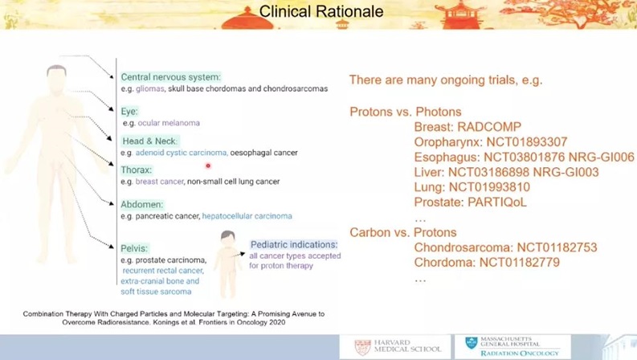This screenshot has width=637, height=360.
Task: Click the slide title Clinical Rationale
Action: coord(321,11)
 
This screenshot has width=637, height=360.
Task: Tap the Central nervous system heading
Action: coord(170,77)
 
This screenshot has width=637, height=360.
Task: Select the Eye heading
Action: coord(129,112)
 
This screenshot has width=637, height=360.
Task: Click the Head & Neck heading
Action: coord(149,141)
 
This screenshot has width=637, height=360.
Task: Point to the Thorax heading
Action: coord(136,170)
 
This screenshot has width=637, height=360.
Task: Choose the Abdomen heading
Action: coord(142,204)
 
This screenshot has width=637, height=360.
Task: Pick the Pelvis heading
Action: coord(134,248)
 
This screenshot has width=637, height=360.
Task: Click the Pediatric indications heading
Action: coord(294,244)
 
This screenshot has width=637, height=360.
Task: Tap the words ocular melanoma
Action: coord(169,123)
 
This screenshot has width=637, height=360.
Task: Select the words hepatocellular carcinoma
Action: coord(247,215)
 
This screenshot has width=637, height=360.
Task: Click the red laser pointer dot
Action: coord(208,166)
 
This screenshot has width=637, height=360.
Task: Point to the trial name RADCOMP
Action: coord(489,127)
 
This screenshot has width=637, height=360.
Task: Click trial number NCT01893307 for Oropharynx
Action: coord(527,141)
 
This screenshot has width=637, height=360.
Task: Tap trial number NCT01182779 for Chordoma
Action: coord(520,262)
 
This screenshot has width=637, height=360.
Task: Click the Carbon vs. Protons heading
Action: coord(403,232)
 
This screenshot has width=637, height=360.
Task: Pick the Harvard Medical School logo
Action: coord(396,346)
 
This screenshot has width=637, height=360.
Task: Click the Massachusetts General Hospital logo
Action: coord(512,346)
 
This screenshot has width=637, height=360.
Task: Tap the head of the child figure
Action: coord(227,239)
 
